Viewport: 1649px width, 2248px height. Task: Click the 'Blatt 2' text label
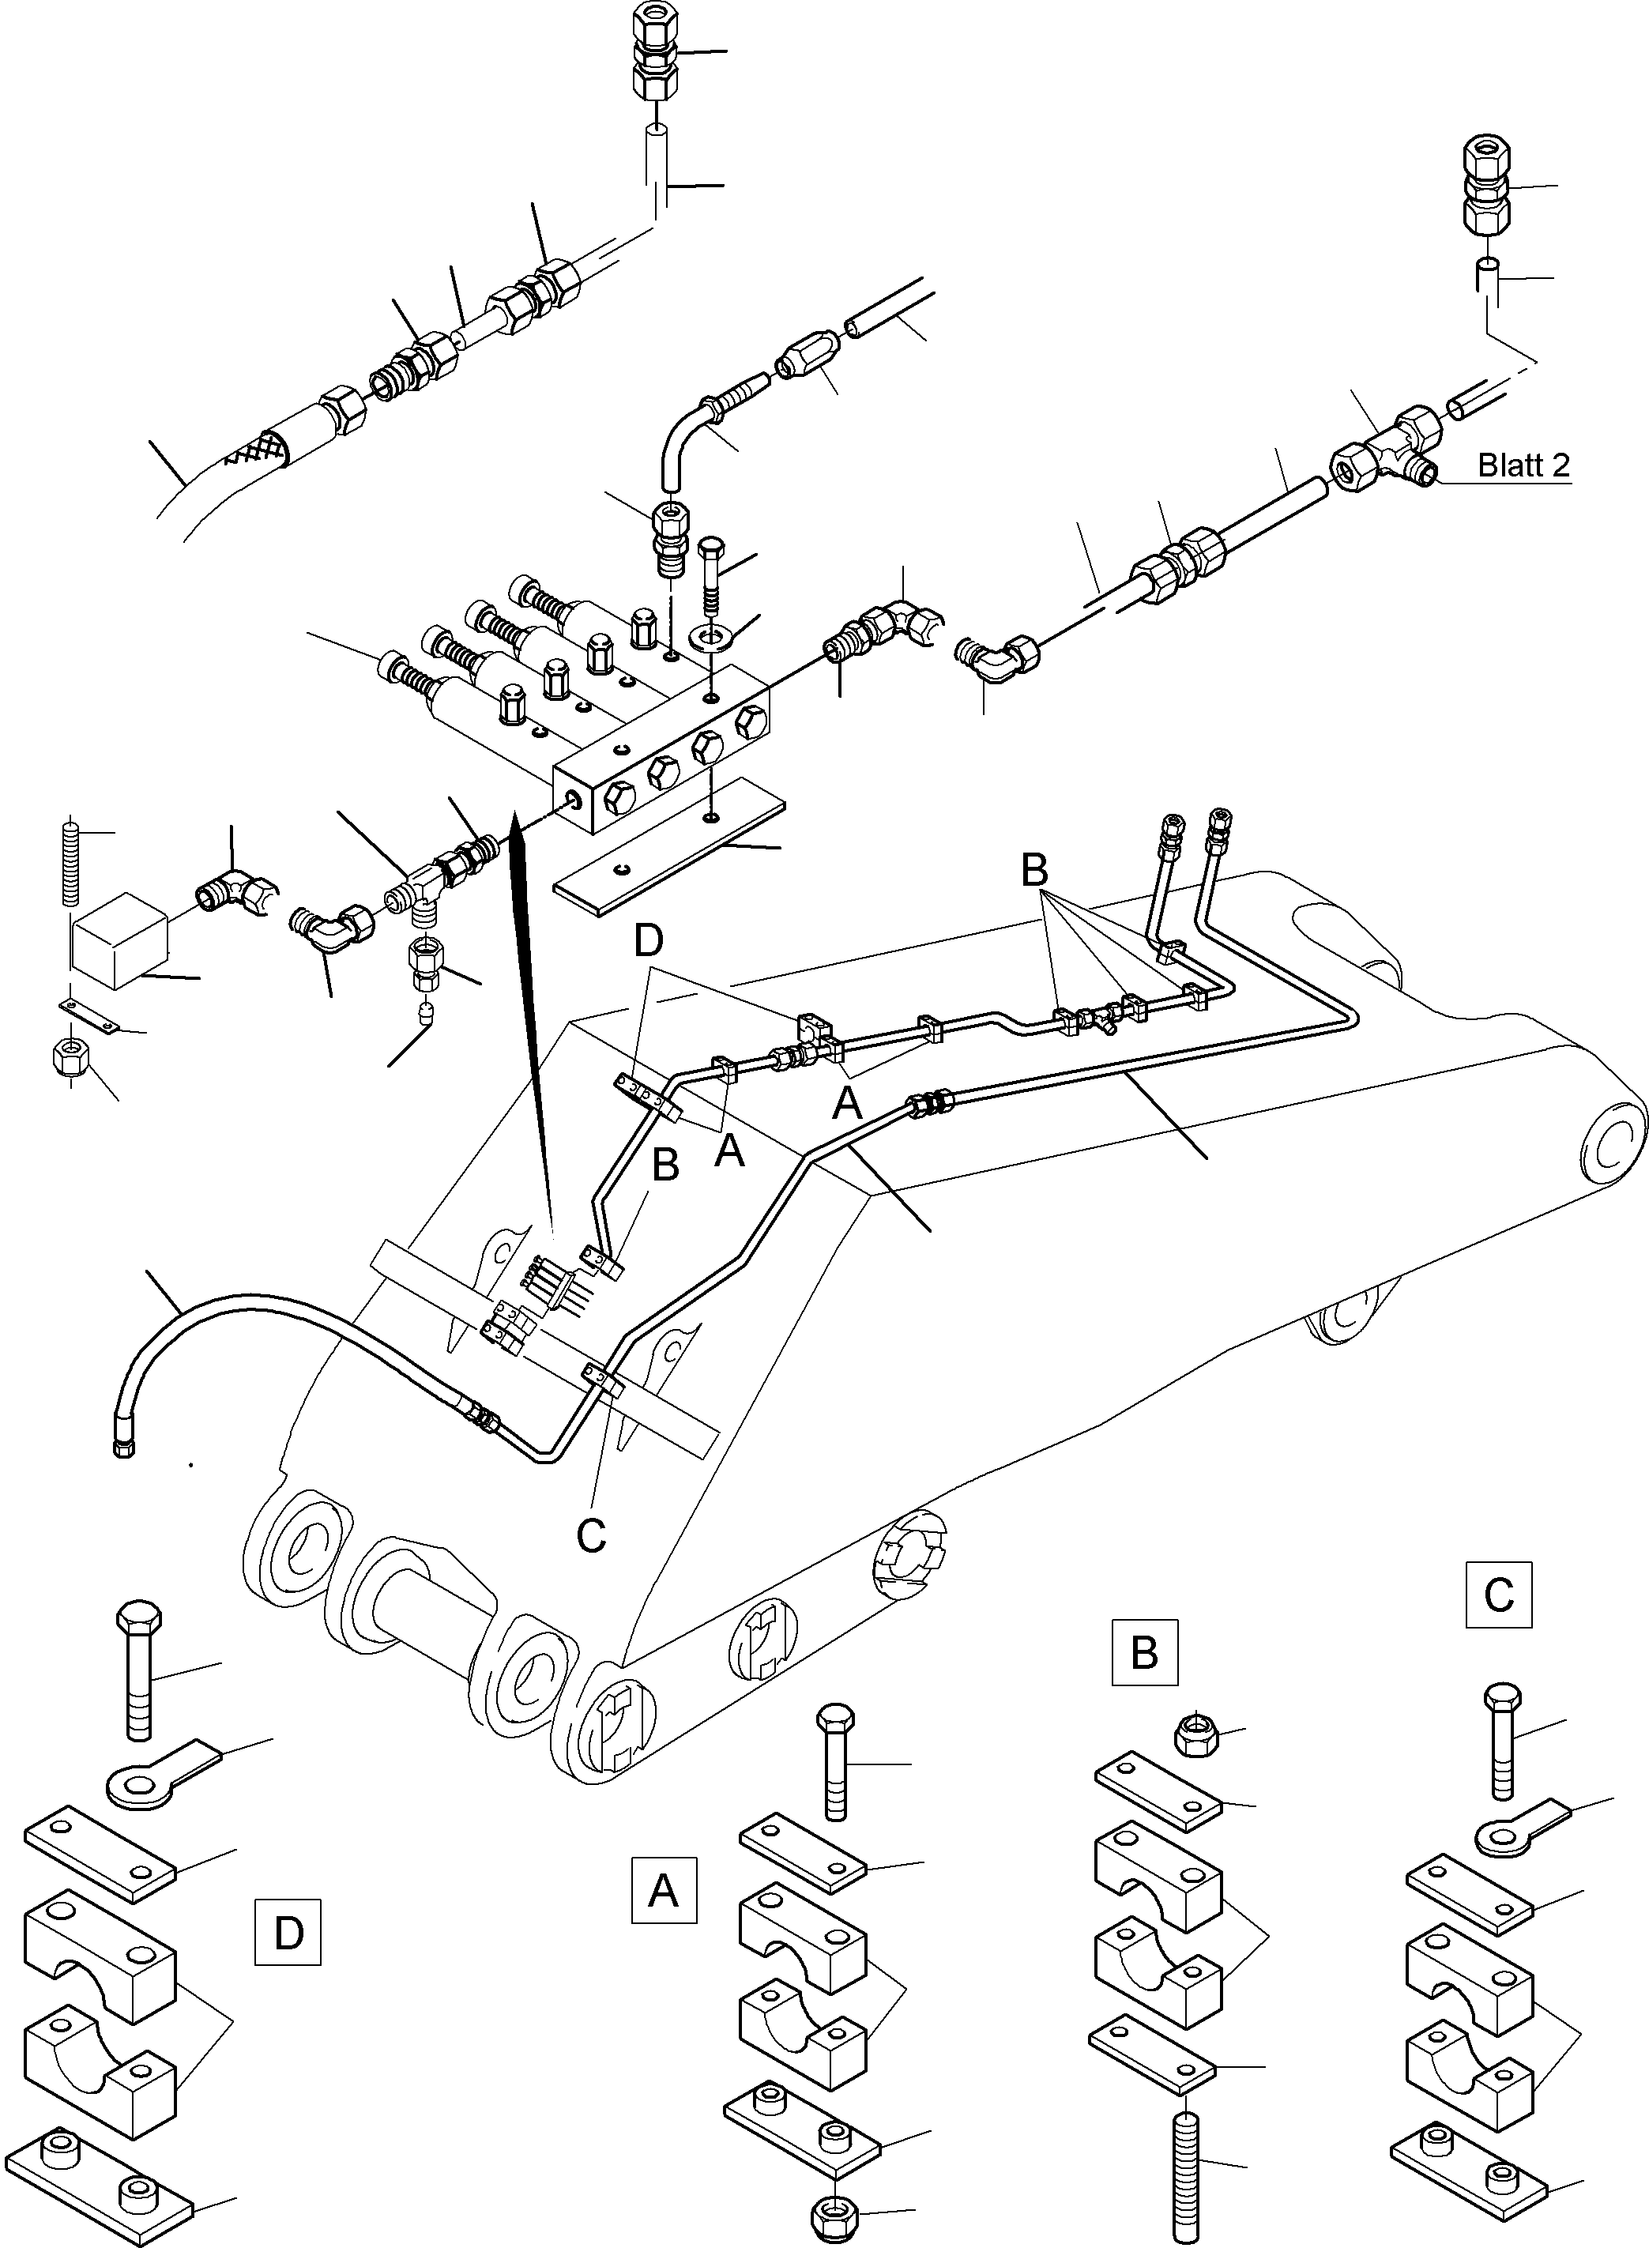[1523, 465]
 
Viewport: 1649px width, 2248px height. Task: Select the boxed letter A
[664, 1889]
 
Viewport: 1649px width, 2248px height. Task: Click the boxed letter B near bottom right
[1145, 1652]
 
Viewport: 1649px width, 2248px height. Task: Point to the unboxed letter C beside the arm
[592, 1536]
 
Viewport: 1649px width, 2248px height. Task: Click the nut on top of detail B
[1191, 1741]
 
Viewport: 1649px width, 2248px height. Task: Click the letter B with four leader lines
[1034, 871]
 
